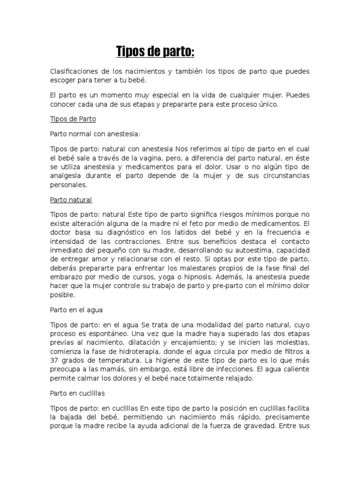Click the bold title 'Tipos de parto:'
click(x=155, y=52)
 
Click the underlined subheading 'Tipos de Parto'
click(x=73, y=119)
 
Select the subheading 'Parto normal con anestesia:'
click(x=95, y=134)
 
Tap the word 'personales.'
click(x=68, y=185)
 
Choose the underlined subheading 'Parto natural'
click(x=71, y=200)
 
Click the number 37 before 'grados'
click(x=54, y=360)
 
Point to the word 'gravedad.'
click(x=263, y=426)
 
